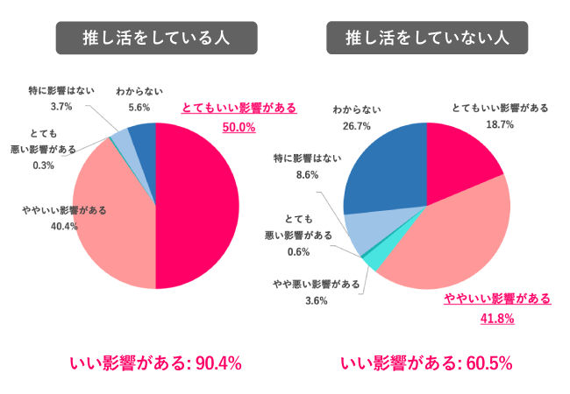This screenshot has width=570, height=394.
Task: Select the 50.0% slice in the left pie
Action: click(x=197, y=206)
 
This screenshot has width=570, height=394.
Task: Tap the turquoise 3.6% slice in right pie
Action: click(x=373, y=259)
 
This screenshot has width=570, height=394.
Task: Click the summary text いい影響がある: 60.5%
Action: click(x=426, y=362)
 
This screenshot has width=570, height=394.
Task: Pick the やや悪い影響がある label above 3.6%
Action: click(x=316, y=284)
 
